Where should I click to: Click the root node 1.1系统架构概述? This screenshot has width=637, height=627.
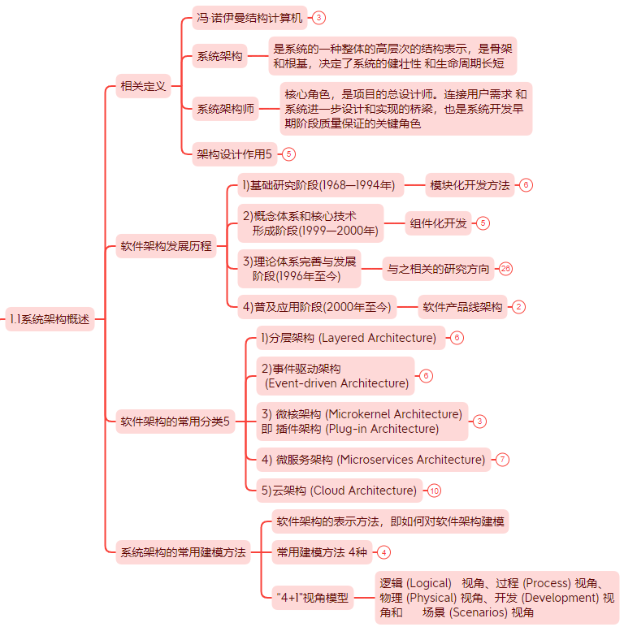(x=50, y=319)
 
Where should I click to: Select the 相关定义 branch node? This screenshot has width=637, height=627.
(x=143, y=85)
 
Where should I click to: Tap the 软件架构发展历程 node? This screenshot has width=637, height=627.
(x=166, y=246)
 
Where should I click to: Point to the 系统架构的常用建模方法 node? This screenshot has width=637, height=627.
(x=183, y=552)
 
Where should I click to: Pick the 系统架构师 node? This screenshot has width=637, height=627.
(x=225, y=109)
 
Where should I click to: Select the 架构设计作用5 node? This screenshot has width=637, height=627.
(x=235, y=153)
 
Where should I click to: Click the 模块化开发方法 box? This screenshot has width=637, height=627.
(x=470, y=185)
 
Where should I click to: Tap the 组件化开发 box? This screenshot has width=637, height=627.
(x=439, y=223)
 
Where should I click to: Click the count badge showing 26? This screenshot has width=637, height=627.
(x=506, y=269)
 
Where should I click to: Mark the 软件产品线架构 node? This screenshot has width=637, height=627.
(x=462, y=307)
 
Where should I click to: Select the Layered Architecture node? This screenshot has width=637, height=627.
(x=349, y=338)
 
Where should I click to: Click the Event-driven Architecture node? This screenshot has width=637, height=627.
(x=335, y=376)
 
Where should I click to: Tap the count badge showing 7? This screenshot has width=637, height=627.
(x=502, y=460)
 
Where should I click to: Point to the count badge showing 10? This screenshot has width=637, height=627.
(x=435, y=491)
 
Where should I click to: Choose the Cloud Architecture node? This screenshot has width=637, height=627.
(x=339, y=491)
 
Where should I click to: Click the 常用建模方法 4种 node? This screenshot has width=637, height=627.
(x=321, y=552)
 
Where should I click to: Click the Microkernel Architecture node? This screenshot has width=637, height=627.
(x=361, y=421)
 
